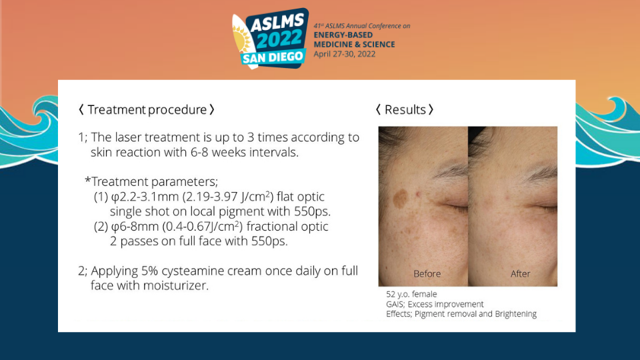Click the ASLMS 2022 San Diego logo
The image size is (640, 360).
coord(270,39)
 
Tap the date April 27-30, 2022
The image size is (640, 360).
coord(345,54)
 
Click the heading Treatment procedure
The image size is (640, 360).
coord(147,109)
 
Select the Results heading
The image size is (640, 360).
coord(405,109)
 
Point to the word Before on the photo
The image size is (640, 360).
coord(427,273)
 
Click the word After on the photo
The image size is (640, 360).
coord(520,273)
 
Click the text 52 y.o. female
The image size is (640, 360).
coord(411,294)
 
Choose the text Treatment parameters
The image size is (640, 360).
coord(151,181)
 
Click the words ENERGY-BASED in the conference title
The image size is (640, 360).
coord(343,35)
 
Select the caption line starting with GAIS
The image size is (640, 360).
coord(435,304)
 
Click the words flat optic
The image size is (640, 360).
coord(301,197)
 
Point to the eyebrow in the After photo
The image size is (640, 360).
coord(539,173)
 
